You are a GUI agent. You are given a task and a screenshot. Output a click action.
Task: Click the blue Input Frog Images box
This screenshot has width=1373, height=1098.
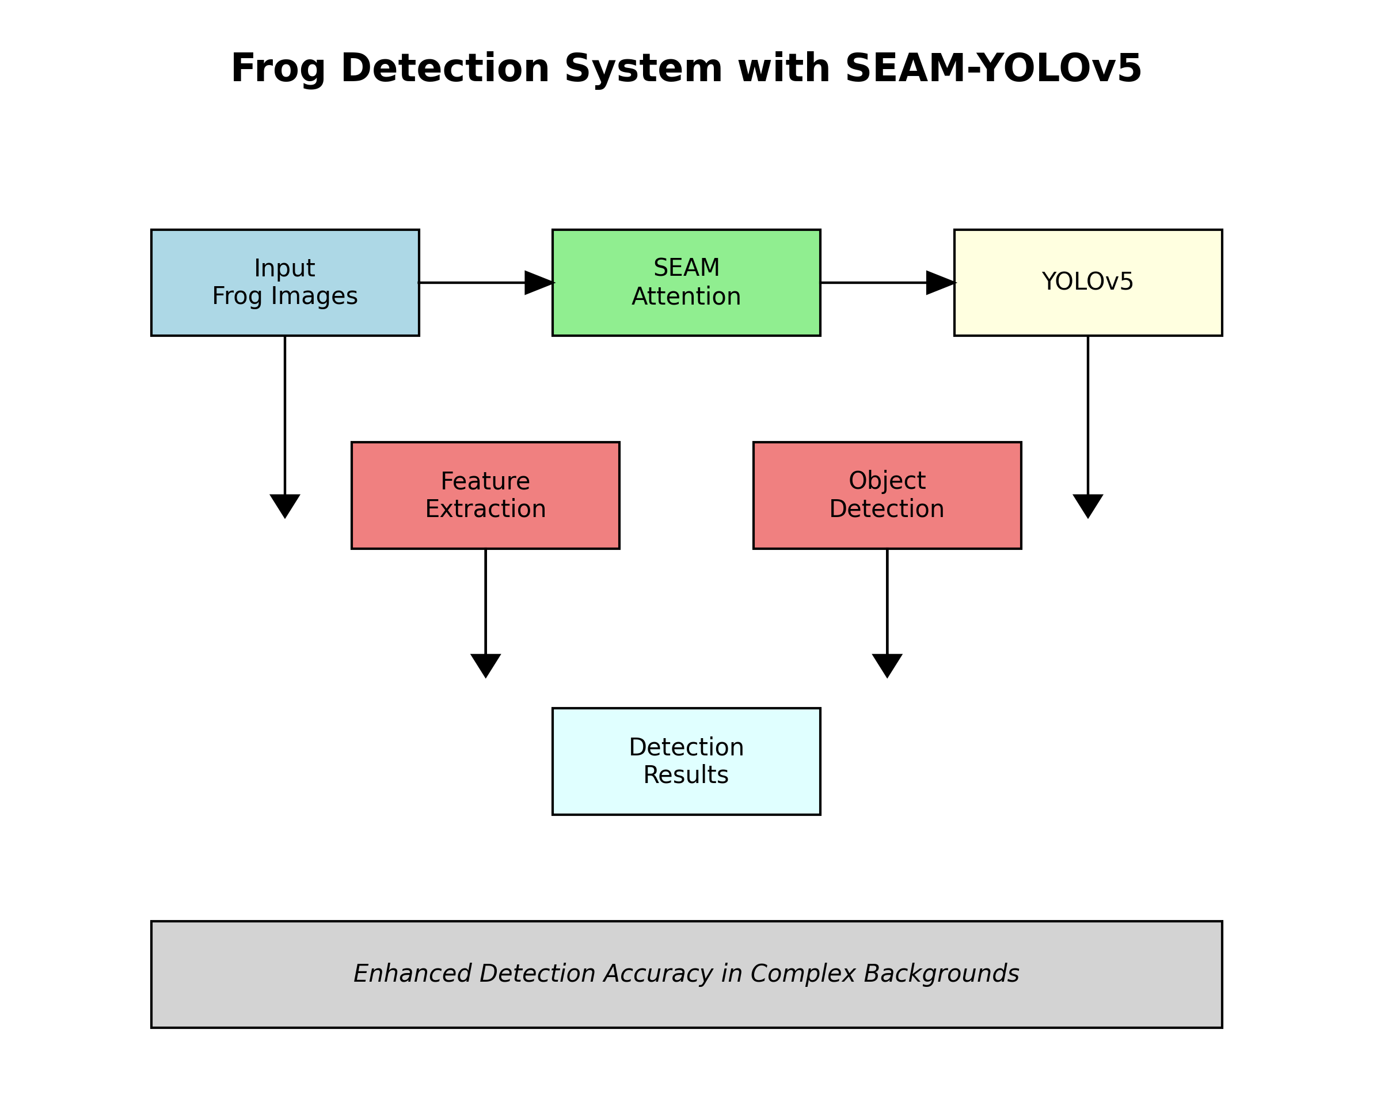284,282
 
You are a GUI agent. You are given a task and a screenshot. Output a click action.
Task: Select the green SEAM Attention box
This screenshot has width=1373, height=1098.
686,282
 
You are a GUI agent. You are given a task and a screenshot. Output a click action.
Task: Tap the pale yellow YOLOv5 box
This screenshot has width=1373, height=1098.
1087,282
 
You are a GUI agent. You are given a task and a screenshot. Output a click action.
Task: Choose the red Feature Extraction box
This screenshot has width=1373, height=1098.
485,495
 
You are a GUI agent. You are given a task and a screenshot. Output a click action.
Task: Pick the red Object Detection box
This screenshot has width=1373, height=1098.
887,495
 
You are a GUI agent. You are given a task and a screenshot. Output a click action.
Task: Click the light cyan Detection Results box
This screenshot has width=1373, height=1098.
686,761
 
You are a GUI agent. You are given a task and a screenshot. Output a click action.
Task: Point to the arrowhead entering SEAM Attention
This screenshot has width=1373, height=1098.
539,282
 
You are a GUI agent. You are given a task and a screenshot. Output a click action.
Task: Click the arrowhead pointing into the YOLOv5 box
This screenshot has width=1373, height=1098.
940,282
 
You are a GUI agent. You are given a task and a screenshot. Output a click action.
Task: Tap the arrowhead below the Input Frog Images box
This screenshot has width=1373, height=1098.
284,505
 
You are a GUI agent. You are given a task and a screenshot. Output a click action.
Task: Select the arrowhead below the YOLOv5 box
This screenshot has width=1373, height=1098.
1087,505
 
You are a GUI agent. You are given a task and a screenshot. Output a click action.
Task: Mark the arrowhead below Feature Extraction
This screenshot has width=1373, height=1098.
485,665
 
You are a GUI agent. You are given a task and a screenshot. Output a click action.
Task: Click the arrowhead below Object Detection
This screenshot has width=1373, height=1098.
887,665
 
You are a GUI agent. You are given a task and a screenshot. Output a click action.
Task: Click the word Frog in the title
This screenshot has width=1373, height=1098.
277,69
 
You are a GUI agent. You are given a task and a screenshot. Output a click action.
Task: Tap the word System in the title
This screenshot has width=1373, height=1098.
642,69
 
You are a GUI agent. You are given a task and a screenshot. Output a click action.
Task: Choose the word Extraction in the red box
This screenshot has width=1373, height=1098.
485,509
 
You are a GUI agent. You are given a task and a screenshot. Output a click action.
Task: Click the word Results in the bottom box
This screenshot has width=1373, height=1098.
686,775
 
